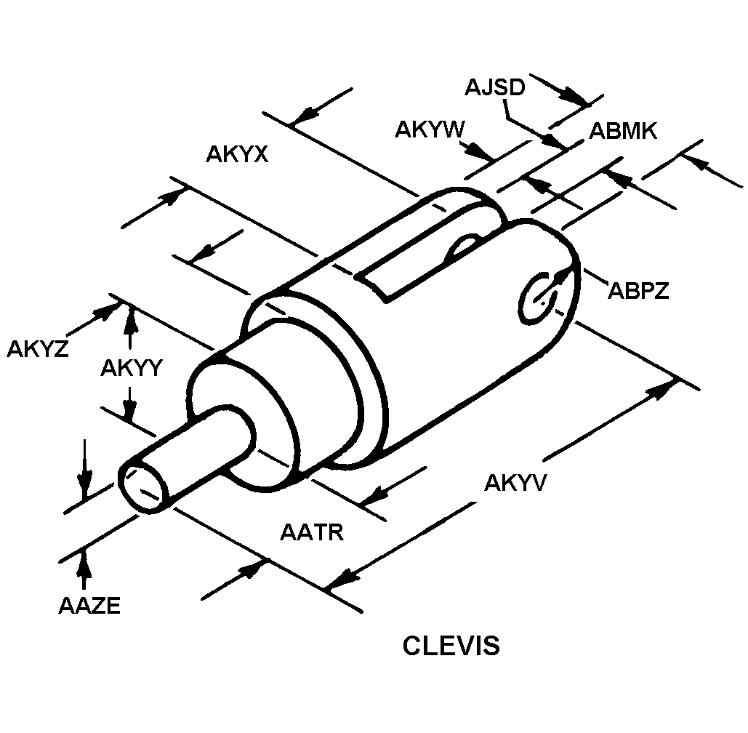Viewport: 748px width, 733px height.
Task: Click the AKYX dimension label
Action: (x=237, y=154)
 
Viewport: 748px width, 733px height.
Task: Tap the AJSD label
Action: (x=495, y=87)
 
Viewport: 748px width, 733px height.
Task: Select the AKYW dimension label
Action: (x=430, y=129)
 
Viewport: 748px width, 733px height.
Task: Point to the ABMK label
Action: (x=623, y=131)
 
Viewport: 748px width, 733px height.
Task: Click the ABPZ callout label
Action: (x=638, y=290)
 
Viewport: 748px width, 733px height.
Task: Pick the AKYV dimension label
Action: (x=515, y=483)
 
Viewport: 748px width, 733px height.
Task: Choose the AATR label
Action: (x=312, y=532)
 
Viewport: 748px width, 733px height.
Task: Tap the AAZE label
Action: (x=89, y=606)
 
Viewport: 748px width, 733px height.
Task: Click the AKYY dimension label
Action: (x=131, y=368)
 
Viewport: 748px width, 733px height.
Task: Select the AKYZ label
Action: (x=38, y=349)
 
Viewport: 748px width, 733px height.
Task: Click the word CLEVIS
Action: (x=451, y=645)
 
